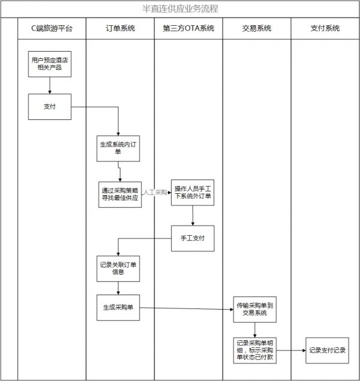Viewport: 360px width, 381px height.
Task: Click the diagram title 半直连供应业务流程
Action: coord(179,9)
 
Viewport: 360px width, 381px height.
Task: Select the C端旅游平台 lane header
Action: coord(52,28)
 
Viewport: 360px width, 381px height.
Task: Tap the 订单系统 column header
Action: coord(120,28)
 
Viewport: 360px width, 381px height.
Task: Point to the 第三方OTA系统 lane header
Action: coord(188,28)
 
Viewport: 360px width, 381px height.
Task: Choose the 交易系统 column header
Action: coord(256,28)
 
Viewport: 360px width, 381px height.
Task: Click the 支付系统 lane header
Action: coord(325,28)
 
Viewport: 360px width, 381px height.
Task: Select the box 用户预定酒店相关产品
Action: coord(50,64)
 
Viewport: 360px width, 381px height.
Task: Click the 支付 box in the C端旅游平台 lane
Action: coord(50,107)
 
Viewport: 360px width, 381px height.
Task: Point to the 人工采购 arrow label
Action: coord(155,193)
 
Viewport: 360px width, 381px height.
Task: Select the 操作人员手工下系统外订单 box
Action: coord(193,193)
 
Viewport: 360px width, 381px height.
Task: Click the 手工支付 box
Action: coord(193,238)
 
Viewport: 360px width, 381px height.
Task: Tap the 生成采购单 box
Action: coord(118,308)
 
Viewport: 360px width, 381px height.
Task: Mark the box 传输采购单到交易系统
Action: coord(256,309)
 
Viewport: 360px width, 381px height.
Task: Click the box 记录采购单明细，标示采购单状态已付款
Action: coord(256,350)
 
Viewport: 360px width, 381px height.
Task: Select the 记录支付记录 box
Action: coord(327,350)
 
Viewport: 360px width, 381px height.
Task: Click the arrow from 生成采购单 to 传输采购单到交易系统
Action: coord(186,309)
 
